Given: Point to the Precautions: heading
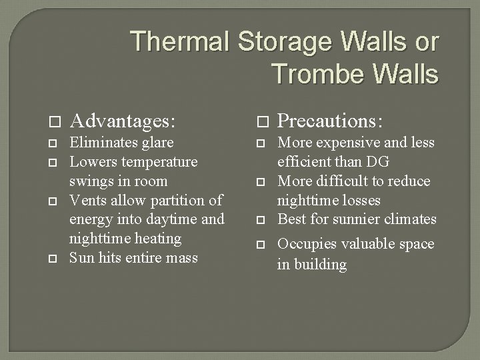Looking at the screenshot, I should (x=330, y=121).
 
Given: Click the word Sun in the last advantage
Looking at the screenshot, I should (x=81, y=257).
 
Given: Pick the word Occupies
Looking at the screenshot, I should (x=305, y=245).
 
